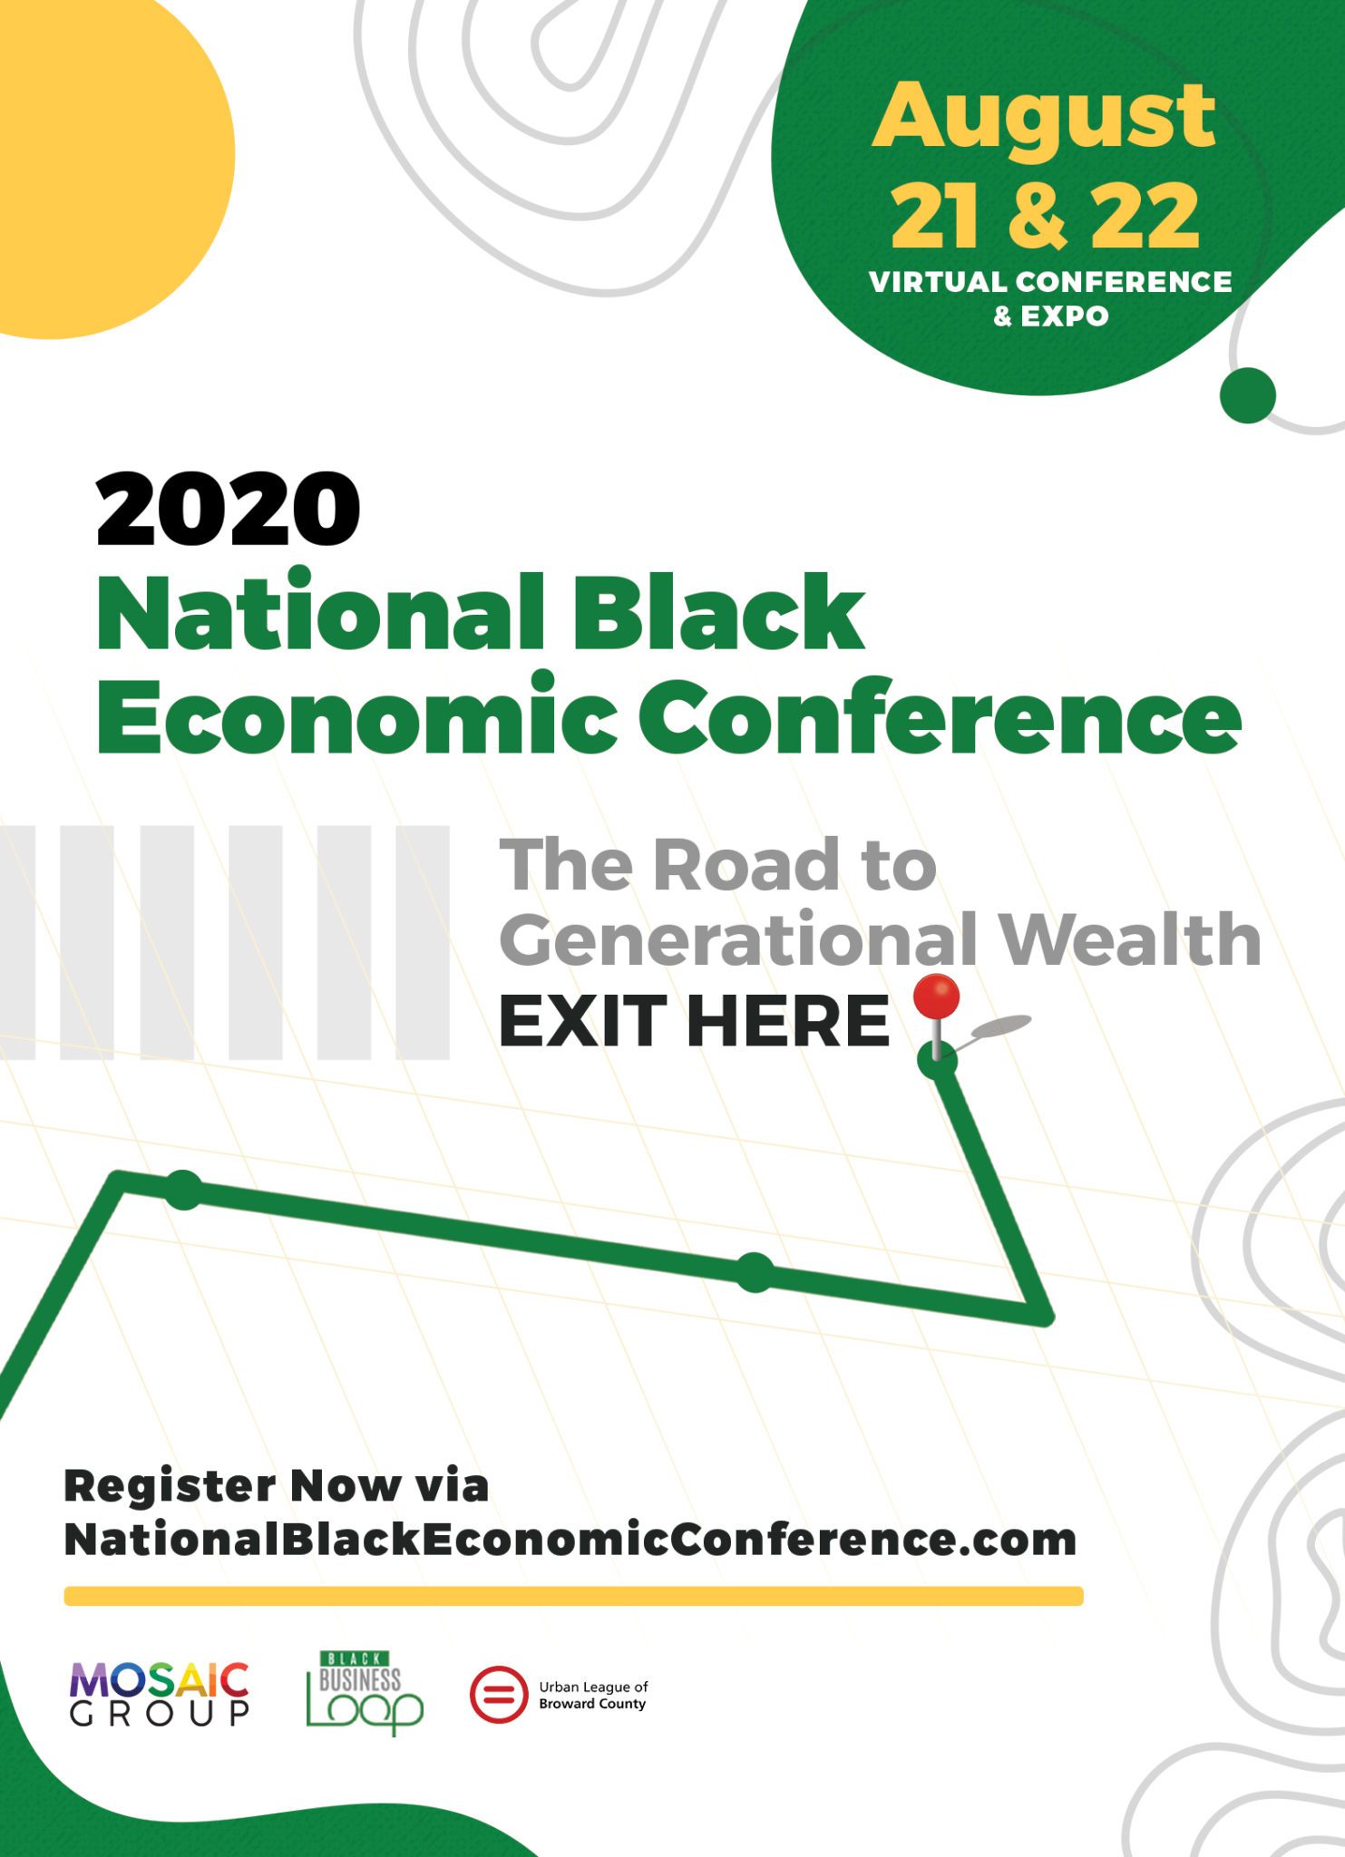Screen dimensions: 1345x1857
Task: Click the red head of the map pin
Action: pos(936,997)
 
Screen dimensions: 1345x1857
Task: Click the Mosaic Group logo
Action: pos(160,1694)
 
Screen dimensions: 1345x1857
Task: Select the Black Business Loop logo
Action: pos(365,1692)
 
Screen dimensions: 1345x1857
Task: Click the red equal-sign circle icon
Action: pos(498,1694)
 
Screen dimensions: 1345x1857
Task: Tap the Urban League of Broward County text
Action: pos(593,1695)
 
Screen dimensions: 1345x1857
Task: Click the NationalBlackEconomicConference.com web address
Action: pos(570,1539)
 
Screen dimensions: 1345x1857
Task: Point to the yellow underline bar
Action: pos(573,1596)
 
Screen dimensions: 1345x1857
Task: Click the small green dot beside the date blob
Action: pos(1248,395)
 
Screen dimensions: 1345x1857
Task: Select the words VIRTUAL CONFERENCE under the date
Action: pos(1050,282)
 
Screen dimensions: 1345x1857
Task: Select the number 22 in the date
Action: pos(1145,215)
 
